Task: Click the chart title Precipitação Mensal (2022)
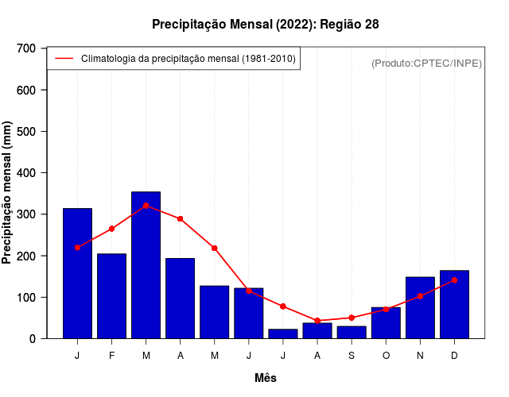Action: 265,25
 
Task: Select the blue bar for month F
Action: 111,295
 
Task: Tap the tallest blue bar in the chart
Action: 146,264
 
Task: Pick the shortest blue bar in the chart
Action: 282,333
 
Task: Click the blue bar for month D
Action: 454,304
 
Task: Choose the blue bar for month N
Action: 420,307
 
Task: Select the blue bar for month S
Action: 351,332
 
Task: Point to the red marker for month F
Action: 111,229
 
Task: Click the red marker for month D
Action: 454,280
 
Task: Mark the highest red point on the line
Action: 146,206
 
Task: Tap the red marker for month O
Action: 386,309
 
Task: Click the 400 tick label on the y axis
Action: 26,173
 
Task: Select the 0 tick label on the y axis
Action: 32,339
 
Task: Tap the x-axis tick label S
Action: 351,356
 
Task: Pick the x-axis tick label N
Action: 420,356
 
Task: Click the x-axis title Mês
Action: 266,378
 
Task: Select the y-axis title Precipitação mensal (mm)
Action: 8,193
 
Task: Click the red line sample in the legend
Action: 64,59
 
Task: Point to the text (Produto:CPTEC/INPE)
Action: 426,63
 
